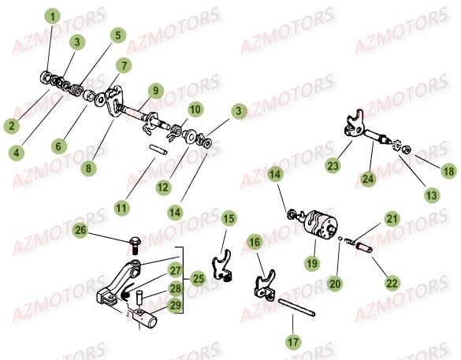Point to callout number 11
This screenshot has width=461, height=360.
click(121, 208)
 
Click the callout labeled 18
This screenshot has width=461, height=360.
click(448, 170)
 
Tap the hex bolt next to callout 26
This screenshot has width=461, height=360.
click(133, 240)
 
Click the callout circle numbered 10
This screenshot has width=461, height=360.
click(195, 109)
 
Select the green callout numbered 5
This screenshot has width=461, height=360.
click(117, 35)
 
